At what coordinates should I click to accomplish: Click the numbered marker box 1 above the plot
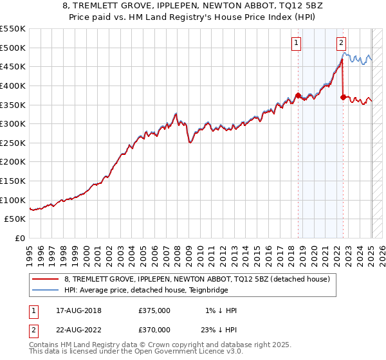pos(297,43)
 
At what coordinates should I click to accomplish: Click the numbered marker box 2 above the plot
pos(341,43)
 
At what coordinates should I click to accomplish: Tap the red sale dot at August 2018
pos(298,95)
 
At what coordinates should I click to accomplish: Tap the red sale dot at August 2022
pos(344,97)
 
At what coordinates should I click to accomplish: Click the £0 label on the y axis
pos(20,238)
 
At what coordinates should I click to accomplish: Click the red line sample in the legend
pos(46,279)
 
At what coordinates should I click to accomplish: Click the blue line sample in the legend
pos(46,290)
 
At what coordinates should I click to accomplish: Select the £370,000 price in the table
pos(154,329)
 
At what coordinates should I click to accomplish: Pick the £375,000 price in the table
pos(154,311)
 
